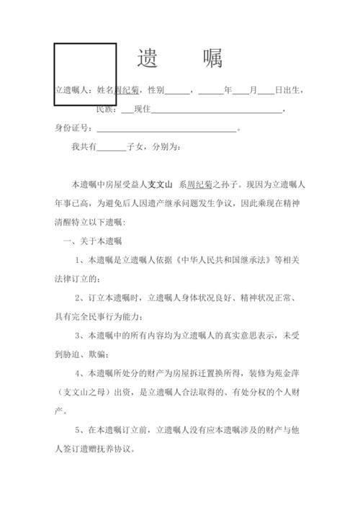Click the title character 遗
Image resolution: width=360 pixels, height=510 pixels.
(148, 58)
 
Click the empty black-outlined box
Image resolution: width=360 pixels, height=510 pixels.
(85, 73)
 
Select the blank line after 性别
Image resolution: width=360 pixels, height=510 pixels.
(178, 91)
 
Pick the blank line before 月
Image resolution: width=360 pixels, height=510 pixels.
(240, 91)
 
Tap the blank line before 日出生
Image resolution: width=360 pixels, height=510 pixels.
(266, 91)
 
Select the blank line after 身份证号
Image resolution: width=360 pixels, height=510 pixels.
(166, 129)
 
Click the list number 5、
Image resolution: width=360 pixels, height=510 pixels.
(80, 430)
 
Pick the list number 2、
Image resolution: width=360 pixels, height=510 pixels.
(80, 297)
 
